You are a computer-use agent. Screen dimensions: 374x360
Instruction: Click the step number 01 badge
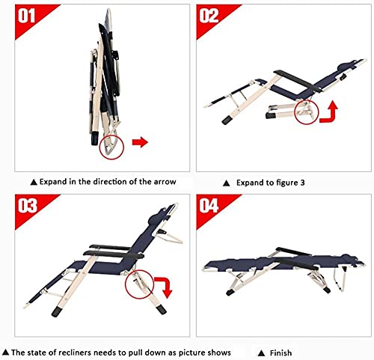(26, 16)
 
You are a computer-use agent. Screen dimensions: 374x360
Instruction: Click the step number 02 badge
(209, 16)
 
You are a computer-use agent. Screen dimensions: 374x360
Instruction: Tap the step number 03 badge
(28, 206)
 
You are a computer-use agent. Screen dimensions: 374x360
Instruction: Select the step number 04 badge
(209, 206)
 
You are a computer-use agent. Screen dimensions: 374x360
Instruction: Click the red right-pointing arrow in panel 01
(140, 142)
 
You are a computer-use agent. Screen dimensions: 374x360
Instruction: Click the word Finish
(280, 353)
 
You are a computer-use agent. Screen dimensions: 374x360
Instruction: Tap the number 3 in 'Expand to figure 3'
(302, 183)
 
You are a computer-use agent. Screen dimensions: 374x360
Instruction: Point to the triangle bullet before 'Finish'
(261, 353)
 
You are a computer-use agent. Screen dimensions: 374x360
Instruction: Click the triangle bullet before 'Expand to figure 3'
(226, 183)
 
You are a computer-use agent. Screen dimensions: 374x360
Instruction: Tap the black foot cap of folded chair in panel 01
(95, 138)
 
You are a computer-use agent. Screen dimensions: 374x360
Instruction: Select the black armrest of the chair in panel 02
(297, 81)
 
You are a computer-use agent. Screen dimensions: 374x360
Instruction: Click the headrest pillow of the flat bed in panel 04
(349, 257)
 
